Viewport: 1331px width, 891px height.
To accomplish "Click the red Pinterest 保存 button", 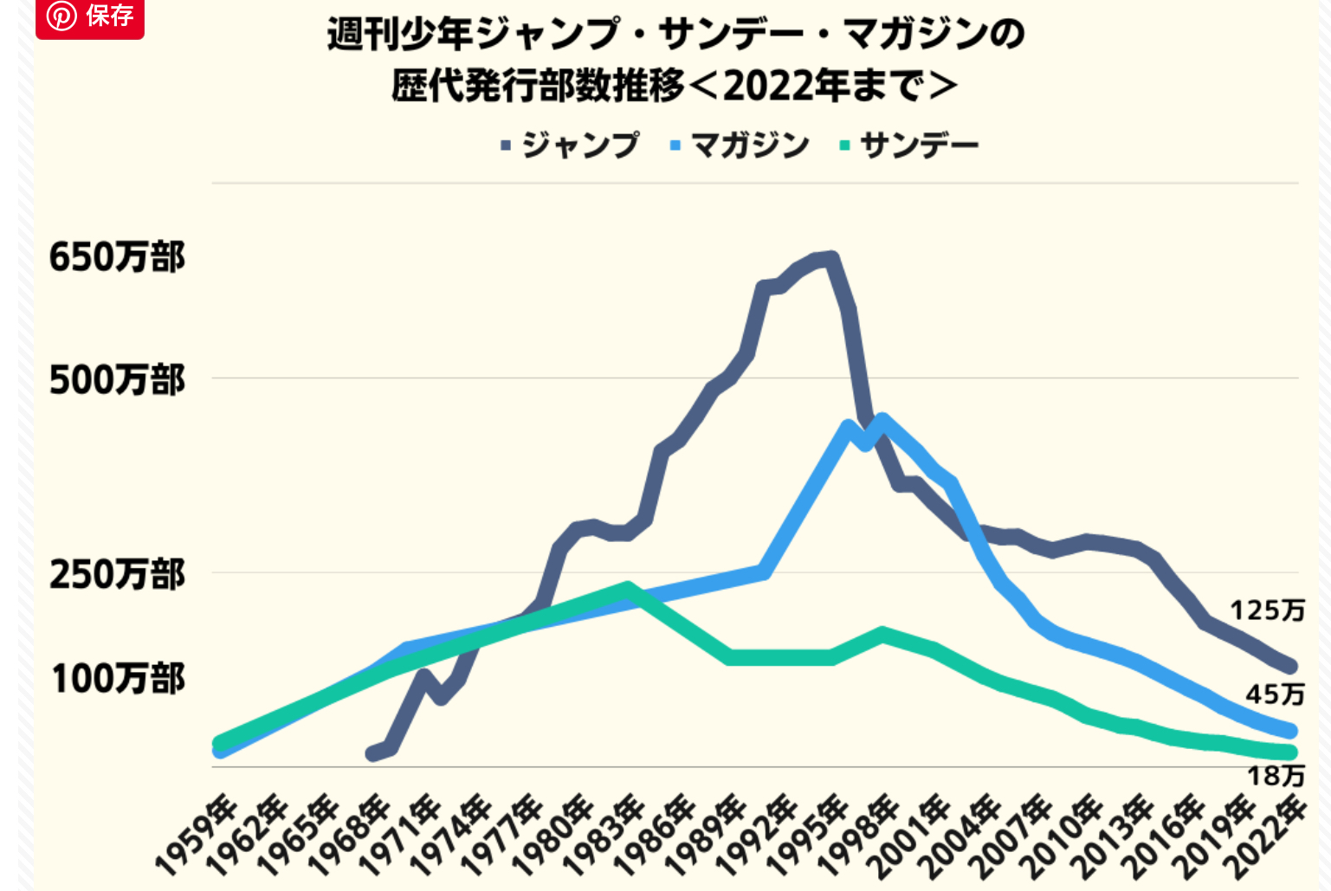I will [90, 16].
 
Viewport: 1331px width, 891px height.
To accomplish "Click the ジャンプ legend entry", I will [571, 145].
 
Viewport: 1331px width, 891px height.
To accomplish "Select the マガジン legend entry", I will [740, 145].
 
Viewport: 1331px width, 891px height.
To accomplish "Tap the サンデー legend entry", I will [909, 145].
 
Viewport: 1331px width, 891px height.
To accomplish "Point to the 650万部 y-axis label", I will [117, 257].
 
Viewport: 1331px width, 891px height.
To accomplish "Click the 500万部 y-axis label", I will [117, 379].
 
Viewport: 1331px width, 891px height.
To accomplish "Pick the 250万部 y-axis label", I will [117, 574].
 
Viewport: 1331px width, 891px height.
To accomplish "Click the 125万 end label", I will [1267, 610].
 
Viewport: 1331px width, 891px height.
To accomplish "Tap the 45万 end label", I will [1274, 694].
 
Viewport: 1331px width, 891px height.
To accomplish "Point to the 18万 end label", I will [1275, 775].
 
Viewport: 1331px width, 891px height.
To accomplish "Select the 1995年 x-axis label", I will [809, 833].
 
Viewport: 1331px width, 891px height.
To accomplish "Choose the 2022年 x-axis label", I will [1269, 833].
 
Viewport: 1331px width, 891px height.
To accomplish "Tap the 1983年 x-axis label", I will [604, 833].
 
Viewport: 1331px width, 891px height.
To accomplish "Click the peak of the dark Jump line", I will [830, 258].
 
